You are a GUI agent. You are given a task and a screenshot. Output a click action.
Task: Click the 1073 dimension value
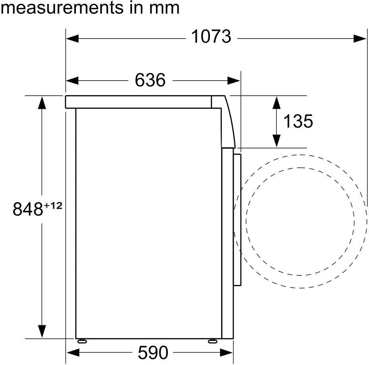[211, 36]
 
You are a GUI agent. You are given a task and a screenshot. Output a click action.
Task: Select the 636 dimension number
[150, 80]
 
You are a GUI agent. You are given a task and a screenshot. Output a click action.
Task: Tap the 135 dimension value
[298, 121]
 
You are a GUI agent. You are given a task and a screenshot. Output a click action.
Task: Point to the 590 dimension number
[153, 352]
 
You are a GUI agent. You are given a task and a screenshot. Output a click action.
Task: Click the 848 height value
[28, 209]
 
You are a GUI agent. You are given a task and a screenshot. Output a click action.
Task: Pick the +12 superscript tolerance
[53, 206]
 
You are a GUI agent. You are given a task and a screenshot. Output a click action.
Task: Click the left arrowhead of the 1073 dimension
[72, 38]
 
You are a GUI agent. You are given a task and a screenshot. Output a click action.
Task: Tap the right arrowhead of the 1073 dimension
[360, 38]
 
